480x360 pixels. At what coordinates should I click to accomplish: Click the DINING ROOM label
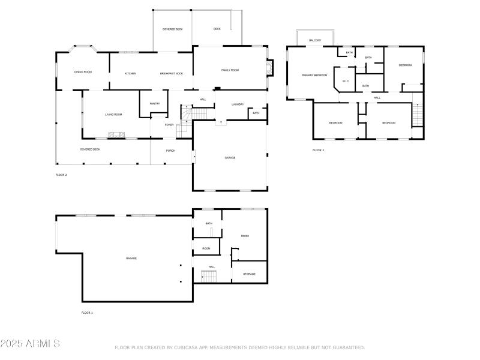[x=83, y=72]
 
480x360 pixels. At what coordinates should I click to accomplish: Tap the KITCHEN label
[x=130, y=73]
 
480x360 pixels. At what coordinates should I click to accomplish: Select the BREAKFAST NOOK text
[x=172, y=73]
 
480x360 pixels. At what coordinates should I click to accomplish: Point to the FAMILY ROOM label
[x=230, y=70]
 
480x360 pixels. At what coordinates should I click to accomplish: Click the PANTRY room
[x=154, y=103]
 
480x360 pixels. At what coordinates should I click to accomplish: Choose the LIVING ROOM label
[x=113, y=114]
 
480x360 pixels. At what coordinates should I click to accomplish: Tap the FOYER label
[x=170, y=125]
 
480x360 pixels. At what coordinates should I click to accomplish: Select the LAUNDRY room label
[x=238, y=104]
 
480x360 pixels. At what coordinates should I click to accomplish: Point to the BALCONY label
[x=315, y=40]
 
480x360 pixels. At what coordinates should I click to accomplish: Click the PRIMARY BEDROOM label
[x=314, y=75]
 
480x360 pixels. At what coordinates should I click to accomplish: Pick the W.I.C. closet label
[x=346, y=81]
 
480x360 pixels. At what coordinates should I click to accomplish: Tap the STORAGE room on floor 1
[x=249, y=274]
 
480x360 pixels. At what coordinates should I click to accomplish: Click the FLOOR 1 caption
[x=87, y=313]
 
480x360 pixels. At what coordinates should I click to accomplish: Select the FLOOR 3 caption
[x=318, y=150]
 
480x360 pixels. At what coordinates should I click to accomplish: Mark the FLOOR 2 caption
[x=61, y=175]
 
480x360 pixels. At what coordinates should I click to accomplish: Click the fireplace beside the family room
[x=271, y=67]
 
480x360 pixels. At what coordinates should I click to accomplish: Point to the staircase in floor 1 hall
[x=209, y=276]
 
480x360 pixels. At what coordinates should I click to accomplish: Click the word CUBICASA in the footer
[x=191, y=347]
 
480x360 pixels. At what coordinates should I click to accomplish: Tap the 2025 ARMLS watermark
[x=30, y=344]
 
